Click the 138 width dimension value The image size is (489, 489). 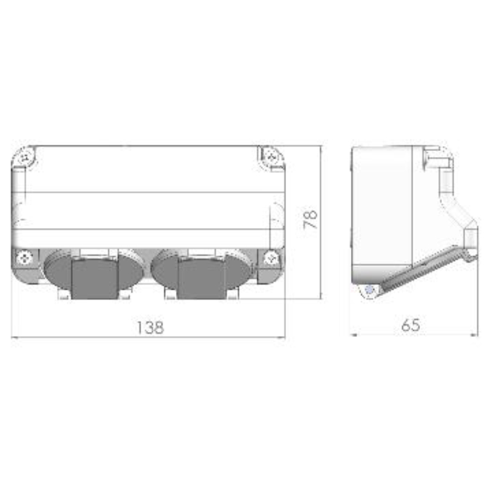click(x=150, y=328)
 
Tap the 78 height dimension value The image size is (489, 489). click(x=311, y=219)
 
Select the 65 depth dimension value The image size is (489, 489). click(x=411, y=325)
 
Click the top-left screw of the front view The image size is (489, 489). click(x=25, y=157)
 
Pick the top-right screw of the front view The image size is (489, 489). click(x=271, y=156)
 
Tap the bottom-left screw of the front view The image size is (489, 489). click(x=24, y=258)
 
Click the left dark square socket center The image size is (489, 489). click(x=95, y=278)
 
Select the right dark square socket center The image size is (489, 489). click(x=202, y=278)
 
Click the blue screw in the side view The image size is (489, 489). click(x=370, y=290)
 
